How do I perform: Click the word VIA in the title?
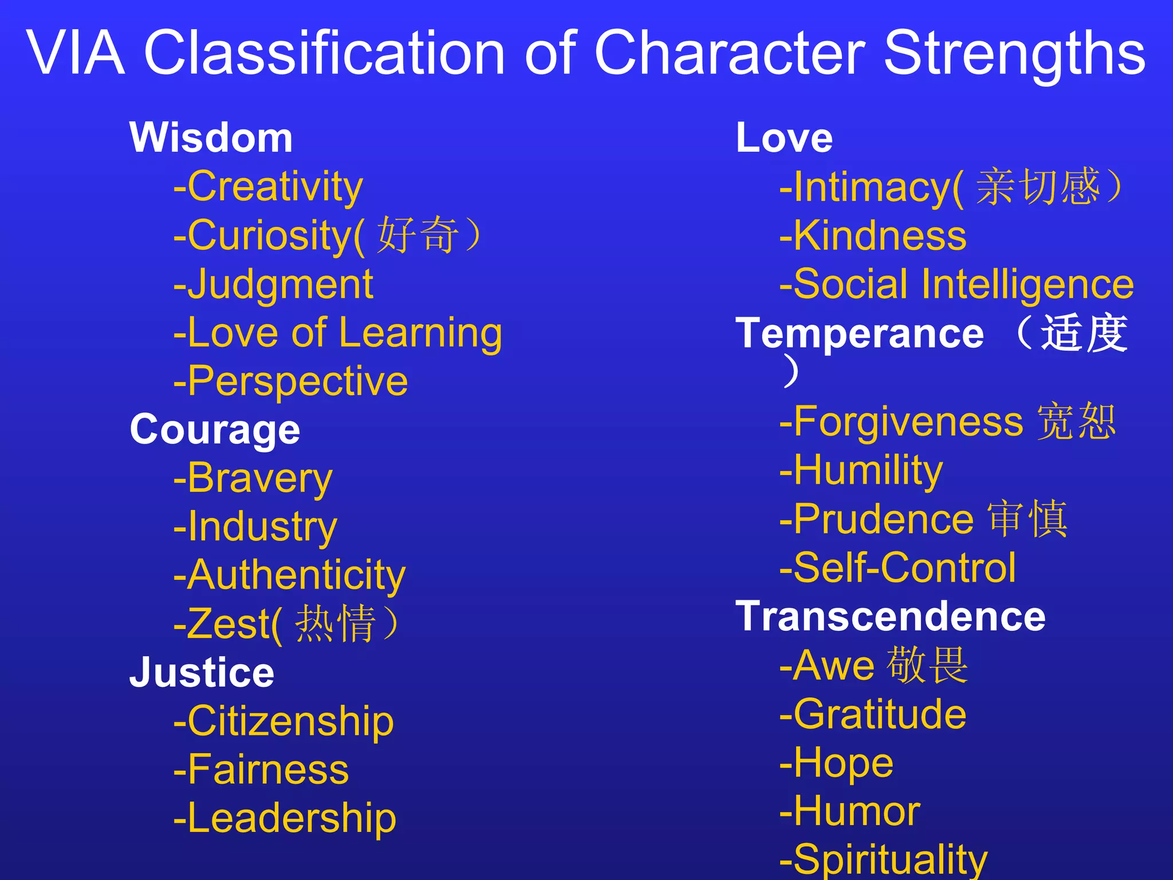coord(76,53)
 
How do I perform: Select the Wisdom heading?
coord(211,138)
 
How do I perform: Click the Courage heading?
coord(215,429)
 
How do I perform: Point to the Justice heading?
coord(202,672)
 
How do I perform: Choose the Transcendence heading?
coord(891,616)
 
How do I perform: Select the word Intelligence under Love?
coord(1028,284)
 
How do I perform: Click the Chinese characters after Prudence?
coord(1027,518)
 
